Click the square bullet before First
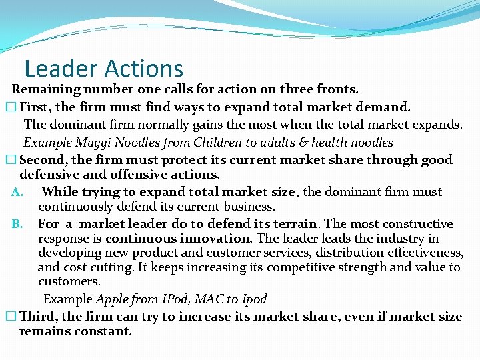tap(9, 107)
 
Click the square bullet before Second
tap(9, 160)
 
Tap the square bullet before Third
tap(9, 317)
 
